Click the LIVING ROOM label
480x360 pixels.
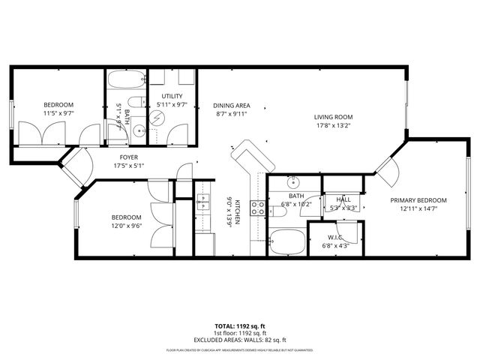tap(333, 117)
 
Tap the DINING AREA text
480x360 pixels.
tap(232, 106)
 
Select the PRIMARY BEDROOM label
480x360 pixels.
tap(418, 200)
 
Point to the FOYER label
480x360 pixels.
tap(128, 157)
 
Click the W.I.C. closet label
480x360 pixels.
tap(334, 237)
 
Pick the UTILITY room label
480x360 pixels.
tap(172, 96)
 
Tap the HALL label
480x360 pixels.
tap(343, 199)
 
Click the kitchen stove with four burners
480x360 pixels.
tap(259, 208)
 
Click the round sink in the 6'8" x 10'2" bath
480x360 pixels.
tap(292, 182)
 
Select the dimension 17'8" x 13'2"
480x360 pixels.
tap(333, 125)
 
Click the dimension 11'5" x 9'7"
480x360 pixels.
tap(58, 113)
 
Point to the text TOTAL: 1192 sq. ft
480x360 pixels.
tap(240, 326)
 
